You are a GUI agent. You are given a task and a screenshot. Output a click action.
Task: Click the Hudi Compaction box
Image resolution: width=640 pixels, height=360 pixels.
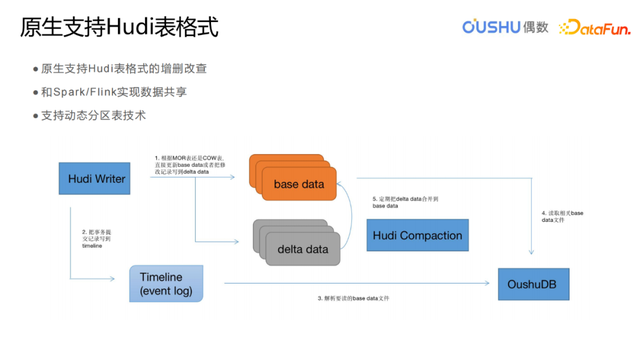point(417,235)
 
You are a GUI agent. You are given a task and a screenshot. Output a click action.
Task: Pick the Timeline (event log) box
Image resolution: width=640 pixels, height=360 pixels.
point(166,284)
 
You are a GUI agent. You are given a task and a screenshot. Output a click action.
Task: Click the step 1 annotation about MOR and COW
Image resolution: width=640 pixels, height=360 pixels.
point(189,165)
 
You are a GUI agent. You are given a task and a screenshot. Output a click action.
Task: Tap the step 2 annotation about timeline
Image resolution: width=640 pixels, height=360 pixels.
point(101,244)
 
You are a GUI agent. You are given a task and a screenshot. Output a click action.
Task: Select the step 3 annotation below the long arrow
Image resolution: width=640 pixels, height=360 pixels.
point(351,299)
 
